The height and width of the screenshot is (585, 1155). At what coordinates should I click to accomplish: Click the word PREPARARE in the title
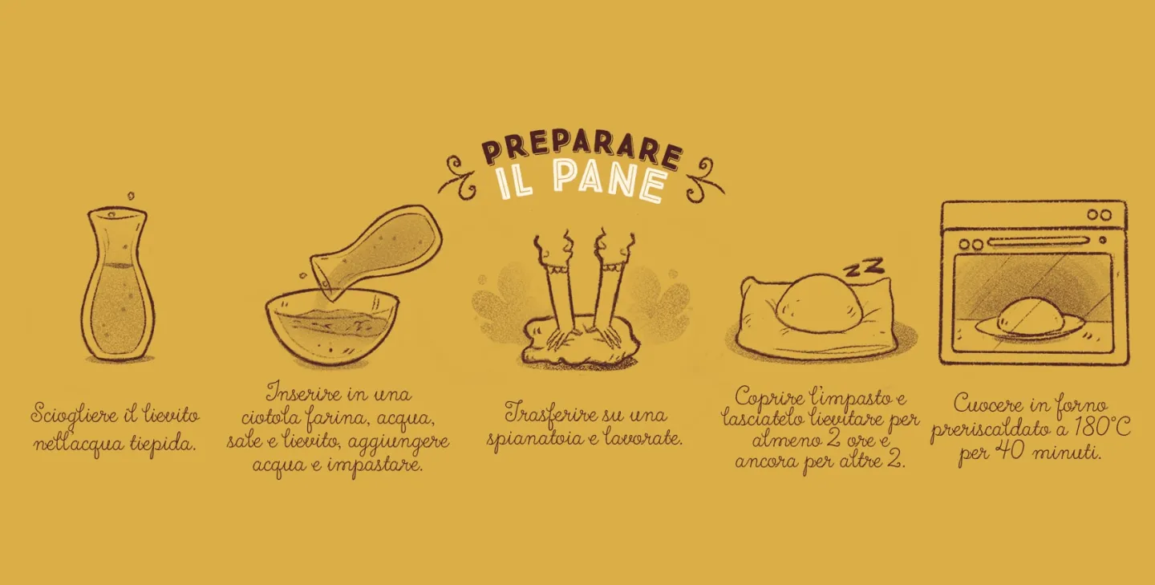point(582,147)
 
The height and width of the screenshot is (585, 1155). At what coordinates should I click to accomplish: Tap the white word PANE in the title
point(610,180)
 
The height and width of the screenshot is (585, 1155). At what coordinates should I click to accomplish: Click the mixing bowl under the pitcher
point(332,327)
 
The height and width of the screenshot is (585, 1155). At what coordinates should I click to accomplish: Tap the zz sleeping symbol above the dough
point(863,267)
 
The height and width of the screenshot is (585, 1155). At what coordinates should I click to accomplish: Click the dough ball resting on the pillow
point(819,301)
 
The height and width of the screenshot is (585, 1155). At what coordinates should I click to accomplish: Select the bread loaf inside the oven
point(1029,315)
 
